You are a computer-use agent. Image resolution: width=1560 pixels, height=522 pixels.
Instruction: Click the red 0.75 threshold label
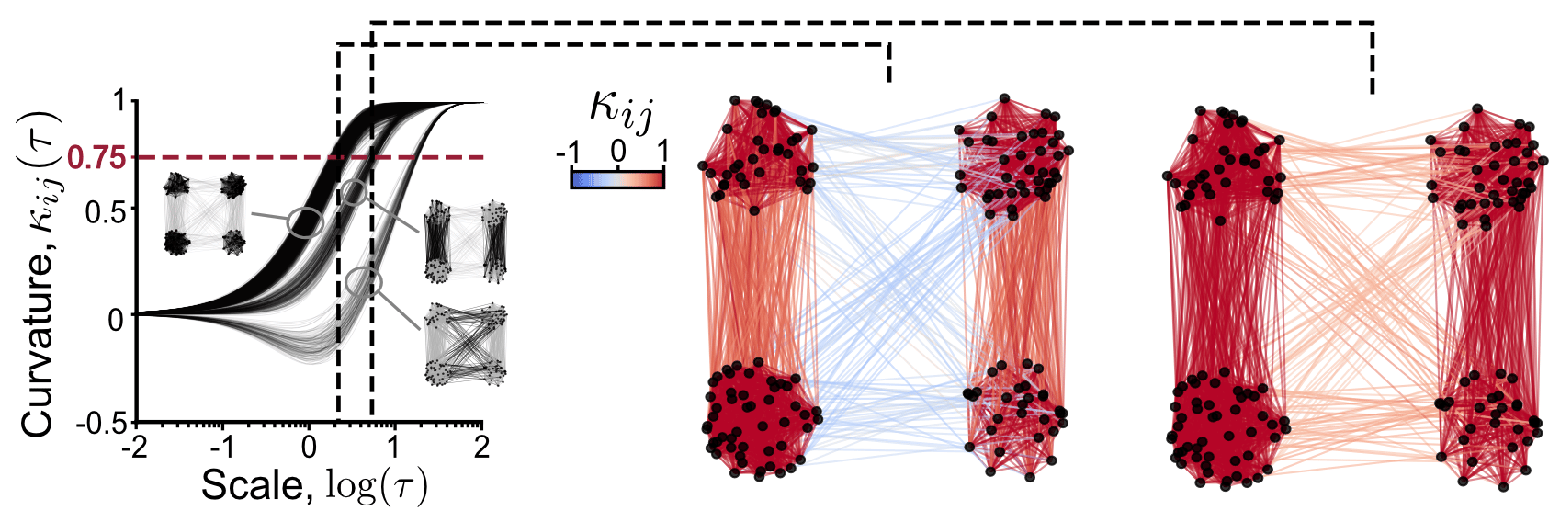[x=96, y=158]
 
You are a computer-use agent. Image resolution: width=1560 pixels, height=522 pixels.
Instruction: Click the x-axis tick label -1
[x=220, y=448]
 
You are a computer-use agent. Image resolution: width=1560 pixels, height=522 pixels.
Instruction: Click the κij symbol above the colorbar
[x=621, y=110]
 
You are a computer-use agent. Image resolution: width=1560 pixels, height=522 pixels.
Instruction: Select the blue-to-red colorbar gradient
[x=617, y=178]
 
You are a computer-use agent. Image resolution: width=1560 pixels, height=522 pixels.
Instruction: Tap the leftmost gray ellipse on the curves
[x=305, y=221]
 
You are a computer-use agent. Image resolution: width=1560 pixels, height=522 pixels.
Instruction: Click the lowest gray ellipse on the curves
[x=364, y=281]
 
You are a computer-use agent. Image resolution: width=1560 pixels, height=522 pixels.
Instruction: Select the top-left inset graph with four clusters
[x=205, y=214]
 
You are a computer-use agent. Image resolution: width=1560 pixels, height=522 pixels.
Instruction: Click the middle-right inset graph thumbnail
[x=465, y=241]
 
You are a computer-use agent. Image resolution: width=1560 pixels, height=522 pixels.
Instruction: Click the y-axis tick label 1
[x=117, y=101]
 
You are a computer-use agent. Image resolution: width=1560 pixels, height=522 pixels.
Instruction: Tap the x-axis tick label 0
[x=309, y=448]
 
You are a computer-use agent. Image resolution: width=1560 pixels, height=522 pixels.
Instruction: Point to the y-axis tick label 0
[x=116, y=319]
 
